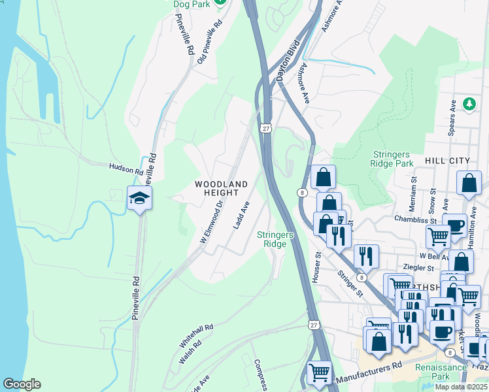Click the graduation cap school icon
pyautogui.click(x=139, y=198)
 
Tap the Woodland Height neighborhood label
pyautogui.click(x=222, y=189)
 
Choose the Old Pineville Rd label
pyautogui.click(x=209, y=39)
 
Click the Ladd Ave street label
pyautogui.click(x=241, y=215)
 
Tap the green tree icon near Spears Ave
pyautogui.click(x=469, y=104)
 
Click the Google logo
pyautogui.click(x=22, y=384)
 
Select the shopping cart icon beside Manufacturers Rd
pyautogui.click(x=319, y=372)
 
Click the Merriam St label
pyautogui.click(x=413, y=193)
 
